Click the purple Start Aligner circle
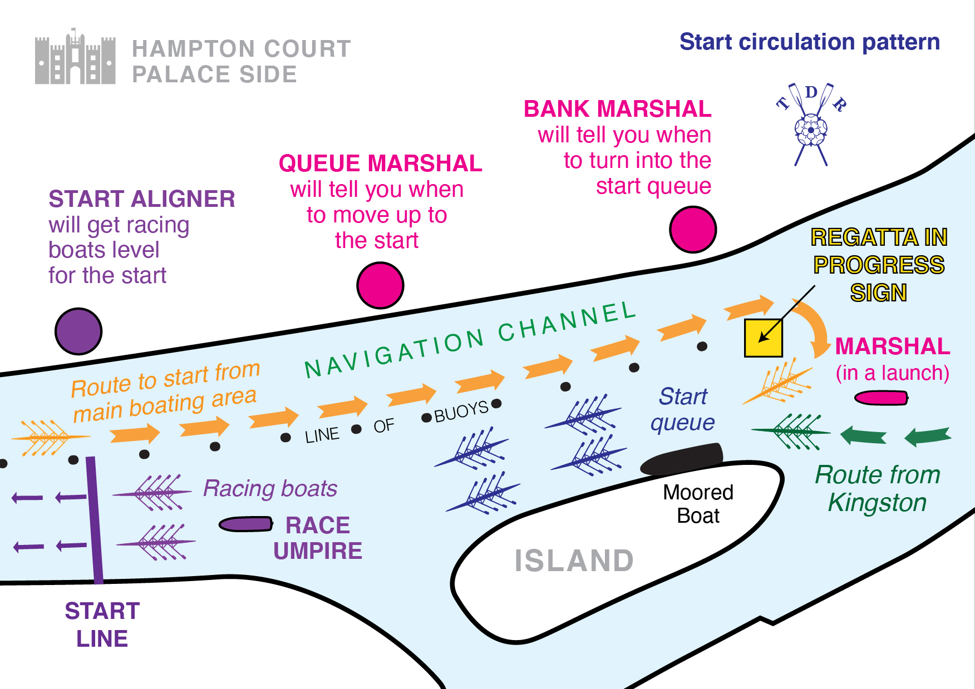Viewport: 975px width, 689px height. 78,331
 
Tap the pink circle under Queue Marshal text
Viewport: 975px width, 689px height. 380,285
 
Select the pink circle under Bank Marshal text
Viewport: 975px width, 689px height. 692,229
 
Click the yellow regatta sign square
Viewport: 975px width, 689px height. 763,338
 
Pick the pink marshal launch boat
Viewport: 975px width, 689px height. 881,398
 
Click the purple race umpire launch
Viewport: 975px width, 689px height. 245,524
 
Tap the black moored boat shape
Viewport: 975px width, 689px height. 682,458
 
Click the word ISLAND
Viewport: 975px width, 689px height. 574,560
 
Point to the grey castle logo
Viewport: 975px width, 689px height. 75,58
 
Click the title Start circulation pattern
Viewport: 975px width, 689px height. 809,42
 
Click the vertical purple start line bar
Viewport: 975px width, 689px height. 94,520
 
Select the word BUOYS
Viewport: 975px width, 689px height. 461,412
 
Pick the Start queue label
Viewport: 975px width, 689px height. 683,409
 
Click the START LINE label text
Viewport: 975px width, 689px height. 102,624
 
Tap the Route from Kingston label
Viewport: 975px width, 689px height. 877,488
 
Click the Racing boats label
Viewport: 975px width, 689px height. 270,488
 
